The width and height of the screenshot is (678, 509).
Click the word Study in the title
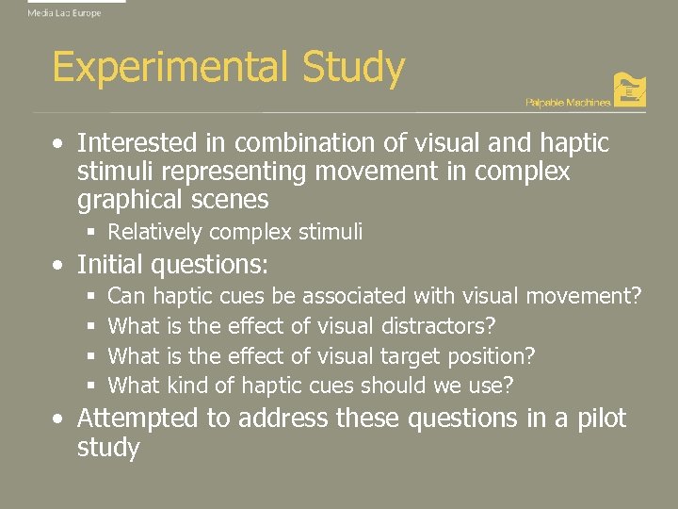tap(353, 69)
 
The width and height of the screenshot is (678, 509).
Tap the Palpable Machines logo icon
tap(629, 90)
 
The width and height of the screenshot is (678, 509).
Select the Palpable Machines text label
tap(568, 102)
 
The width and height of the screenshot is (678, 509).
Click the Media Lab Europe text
tap(64, 13)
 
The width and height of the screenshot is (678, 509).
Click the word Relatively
tap(154, 232)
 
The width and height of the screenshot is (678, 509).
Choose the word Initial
tap(108, 263)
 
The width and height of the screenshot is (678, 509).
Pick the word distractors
tap(439, 326)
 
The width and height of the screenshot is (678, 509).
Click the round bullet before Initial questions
tap(58, 264)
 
